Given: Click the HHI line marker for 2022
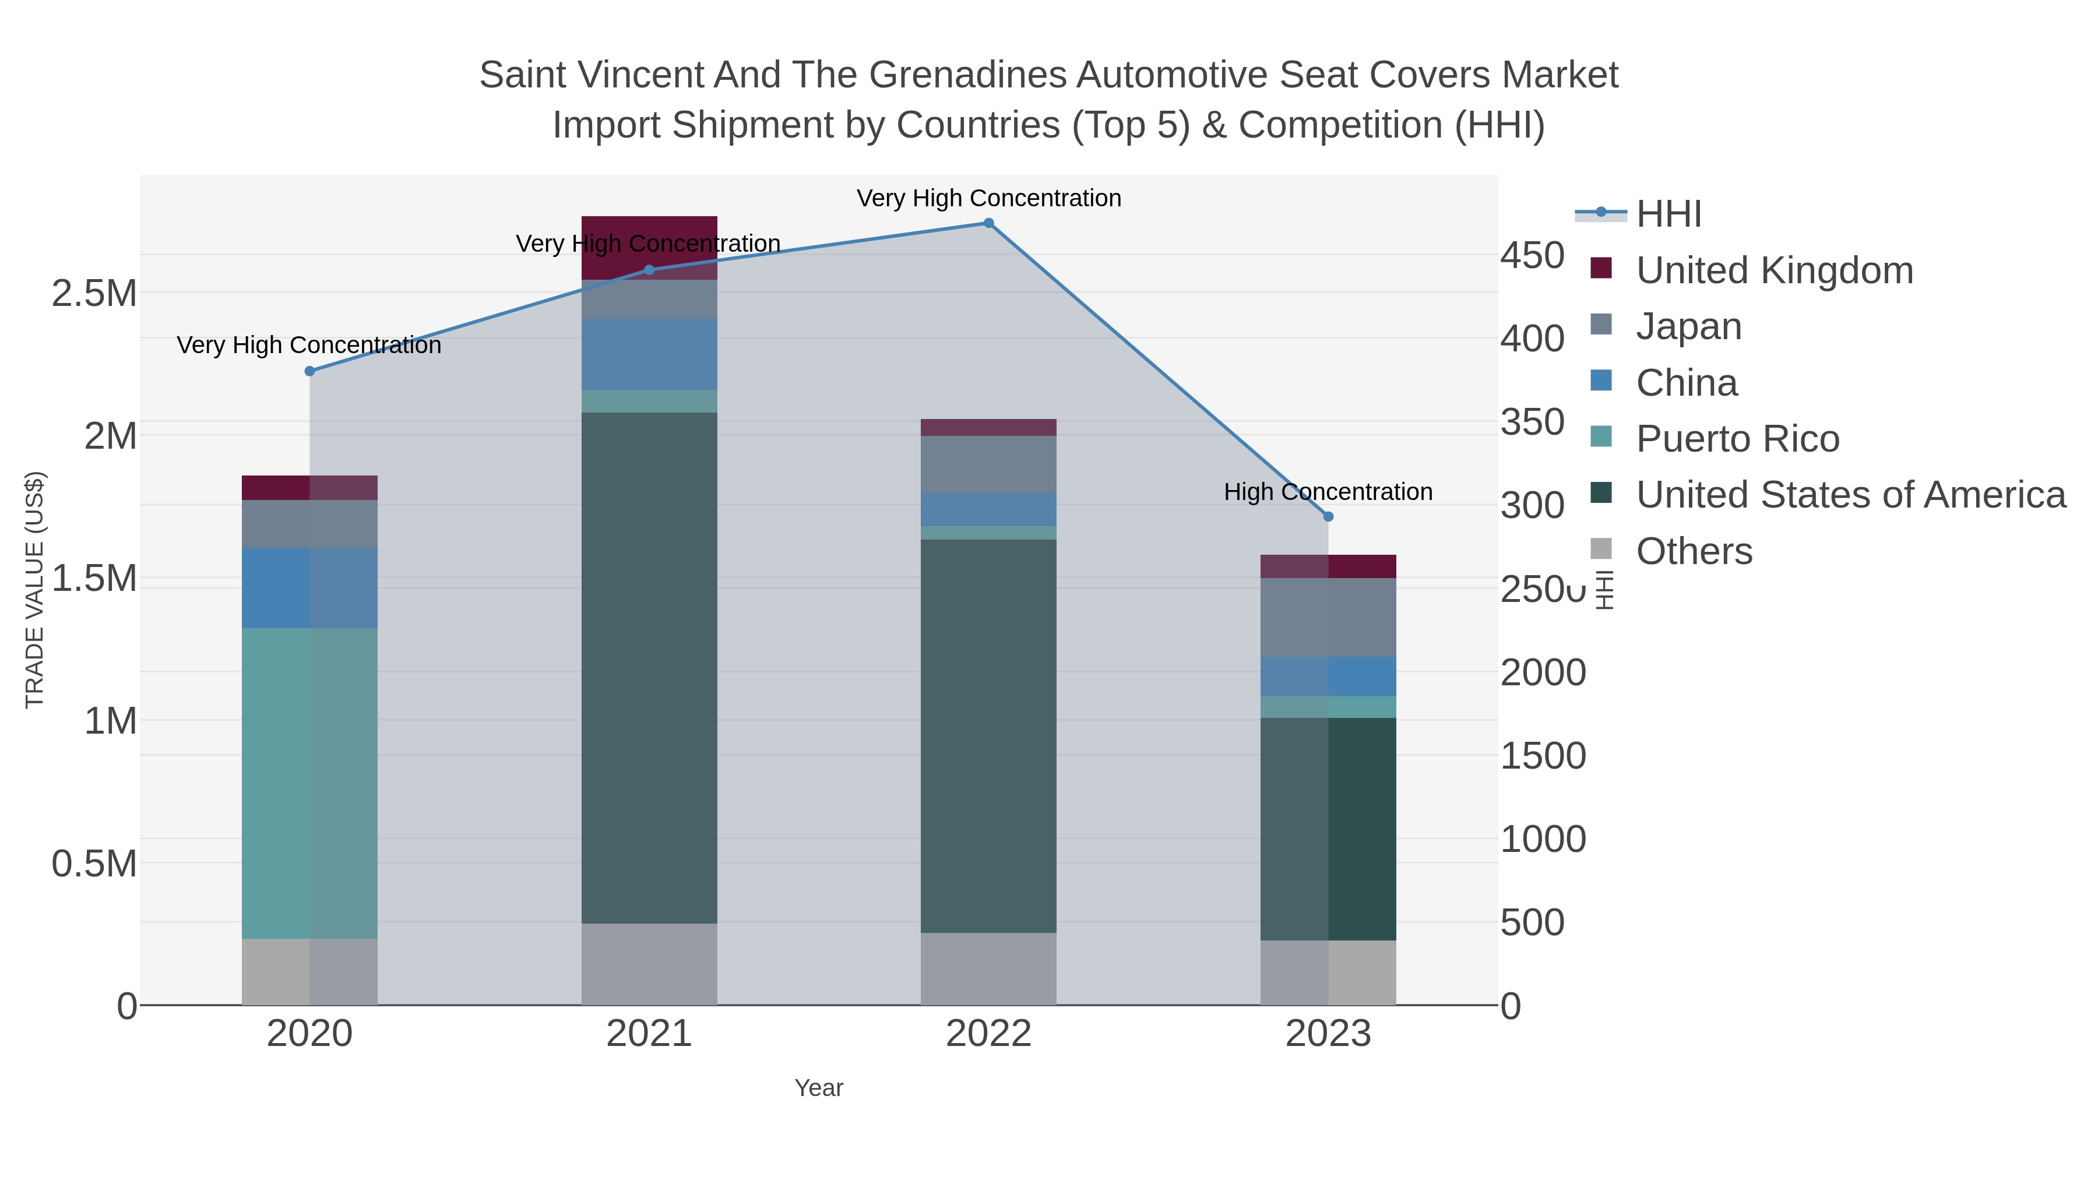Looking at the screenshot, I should tap(988, 223).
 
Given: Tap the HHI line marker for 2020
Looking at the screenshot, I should tap(309, 371).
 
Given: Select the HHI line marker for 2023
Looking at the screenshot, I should tap(1328, 516).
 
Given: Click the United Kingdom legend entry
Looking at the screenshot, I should tap(1774, 270).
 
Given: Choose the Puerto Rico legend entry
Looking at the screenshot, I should tap(1737, 439).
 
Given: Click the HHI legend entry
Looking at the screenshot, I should tap(1668, 214).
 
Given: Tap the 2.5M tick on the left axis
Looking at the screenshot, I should tap(94, 293).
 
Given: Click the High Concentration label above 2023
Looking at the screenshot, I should tap(1328, 492).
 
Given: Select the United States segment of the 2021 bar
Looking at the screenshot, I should tap(649, 668).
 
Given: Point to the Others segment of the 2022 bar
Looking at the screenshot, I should tap(988, 968).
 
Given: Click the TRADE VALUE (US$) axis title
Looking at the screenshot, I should tap(34, 590).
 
